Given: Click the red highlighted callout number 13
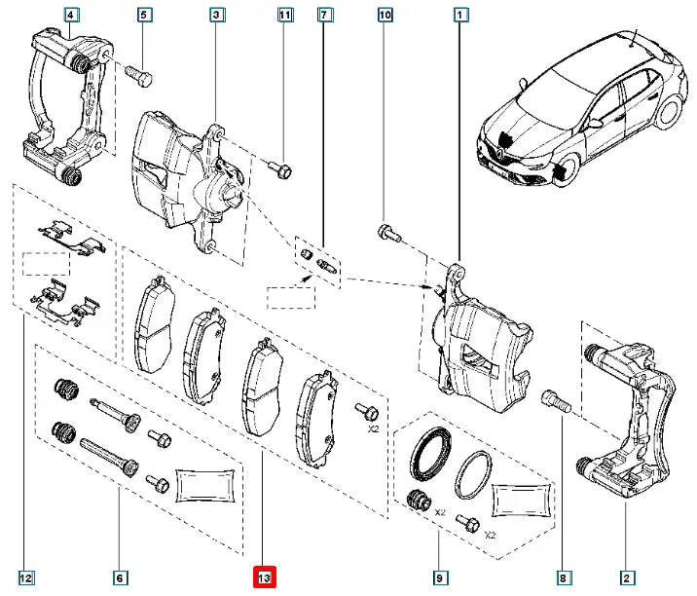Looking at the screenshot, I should pyautogui.click(x=266, y=577).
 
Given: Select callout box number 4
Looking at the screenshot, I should pyautogui.click(x=74, y=15).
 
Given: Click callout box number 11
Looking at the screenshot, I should pyautogui.click(x=284, y=15).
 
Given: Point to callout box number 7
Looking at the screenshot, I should pyautogui.click(x=325, y=15).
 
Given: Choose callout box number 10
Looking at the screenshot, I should pyautogui.click(x=385, y=15).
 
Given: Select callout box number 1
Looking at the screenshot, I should pyautogui.click(x=460, y=15).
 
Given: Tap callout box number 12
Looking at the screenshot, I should pyautogui.click(x=25, y=578).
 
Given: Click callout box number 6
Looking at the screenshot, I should pyautogui.click(x=119, y=578).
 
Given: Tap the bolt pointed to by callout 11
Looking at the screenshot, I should pyautogui.click(x=282, y=172).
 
